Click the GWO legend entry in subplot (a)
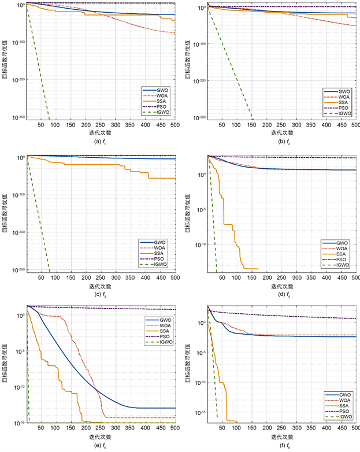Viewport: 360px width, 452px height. [159, 91]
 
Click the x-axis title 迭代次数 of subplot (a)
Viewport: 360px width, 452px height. [93, 131]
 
